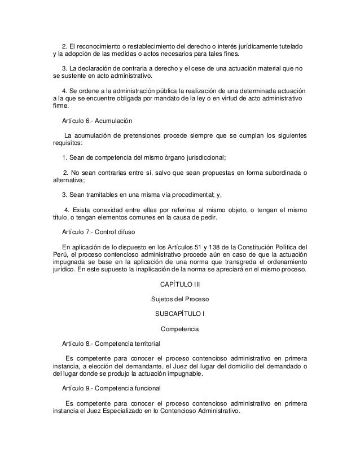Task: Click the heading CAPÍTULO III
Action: coord(180,284)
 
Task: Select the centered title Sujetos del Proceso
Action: coord(180,298)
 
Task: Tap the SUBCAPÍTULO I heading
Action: coord(180,313)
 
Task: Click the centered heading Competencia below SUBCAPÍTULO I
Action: coord(180,328)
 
